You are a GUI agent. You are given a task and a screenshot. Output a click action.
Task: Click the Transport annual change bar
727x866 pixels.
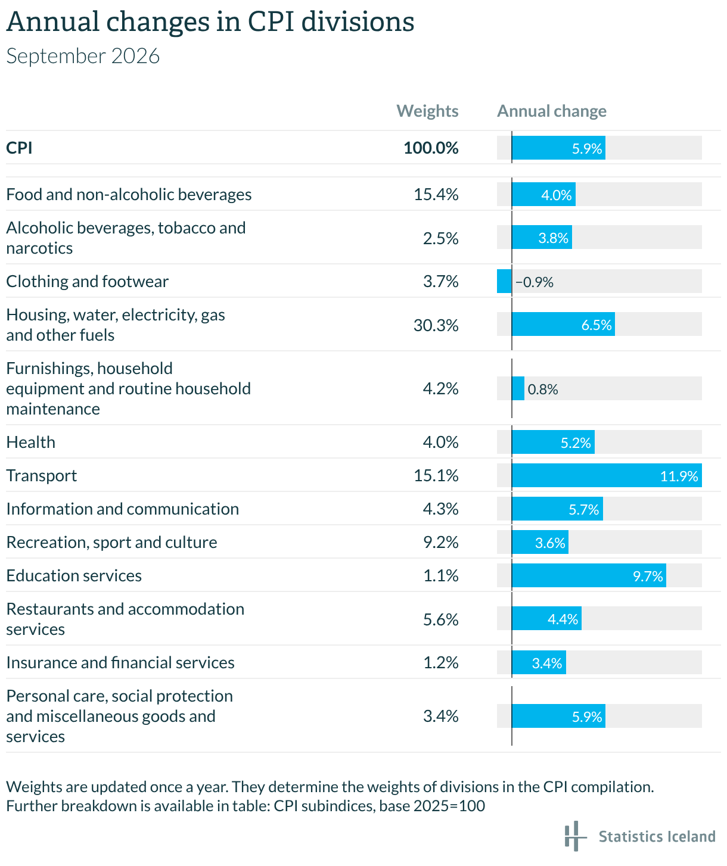pos(607,475)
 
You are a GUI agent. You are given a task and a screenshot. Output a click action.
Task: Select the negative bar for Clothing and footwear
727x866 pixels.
pos(504,281)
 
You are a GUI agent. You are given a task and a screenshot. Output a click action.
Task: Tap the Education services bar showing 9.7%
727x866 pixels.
pos(589,575)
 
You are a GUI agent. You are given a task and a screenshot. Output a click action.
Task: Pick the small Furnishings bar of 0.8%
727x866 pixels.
pos(518,388)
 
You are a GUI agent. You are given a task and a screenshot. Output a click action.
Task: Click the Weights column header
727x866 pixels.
pos(427,111)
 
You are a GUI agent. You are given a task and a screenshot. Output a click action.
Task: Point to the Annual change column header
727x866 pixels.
pos(552,111)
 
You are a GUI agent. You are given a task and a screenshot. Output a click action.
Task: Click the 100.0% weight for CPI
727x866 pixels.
pos(431,148)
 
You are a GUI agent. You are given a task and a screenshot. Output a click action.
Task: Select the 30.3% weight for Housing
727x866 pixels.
pos(436,325)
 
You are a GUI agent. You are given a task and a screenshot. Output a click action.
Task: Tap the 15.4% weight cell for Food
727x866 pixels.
pos(436,194)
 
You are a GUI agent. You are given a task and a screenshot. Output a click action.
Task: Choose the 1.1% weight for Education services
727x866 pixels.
pos(441,576)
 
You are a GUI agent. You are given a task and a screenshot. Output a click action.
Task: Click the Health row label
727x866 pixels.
pos(31,442)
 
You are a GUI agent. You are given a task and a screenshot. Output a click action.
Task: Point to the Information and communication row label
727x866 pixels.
pos(122,509)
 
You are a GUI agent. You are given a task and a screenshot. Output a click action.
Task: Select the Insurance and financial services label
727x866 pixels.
pos(120,662)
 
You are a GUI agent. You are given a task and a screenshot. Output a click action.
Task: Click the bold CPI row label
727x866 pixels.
pos(19,148)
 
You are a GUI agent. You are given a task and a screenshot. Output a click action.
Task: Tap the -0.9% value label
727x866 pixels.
pos(535,282)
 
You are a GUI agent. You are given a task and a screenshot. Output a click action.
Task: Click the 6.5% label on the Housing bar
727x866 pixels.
pos(596,325)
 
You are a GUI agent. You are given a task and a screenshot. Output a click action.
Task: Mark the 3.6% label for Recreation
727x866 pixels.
pos(550,543)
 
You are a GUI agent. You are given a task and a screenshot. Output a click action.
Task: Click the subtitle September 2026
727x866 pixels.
pos(83,56)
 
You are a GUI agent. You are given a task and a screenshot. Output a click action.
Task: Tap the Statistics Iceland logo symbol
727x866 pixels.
pos(575,836)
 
